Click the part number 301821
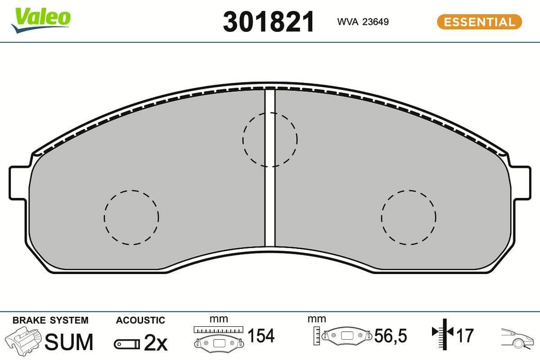coord(268,22)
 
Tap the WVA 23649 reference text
coord(363,22)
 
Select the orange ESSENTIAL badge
coord(479,22)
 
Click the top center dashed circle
coord(270,139)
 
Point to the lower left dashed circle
coord(131,217)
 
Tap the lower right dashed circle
coord(408,217)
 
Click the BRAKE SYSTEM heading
coord(50,320)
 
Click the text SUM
coord(69,342)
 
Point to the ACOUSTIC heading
coord(140,320)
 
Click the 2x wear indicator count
coord(155,343)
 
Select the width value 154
coord(261,336)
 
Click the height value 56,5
coord(391,336)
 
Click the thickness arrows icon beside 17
coord(443,333)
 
